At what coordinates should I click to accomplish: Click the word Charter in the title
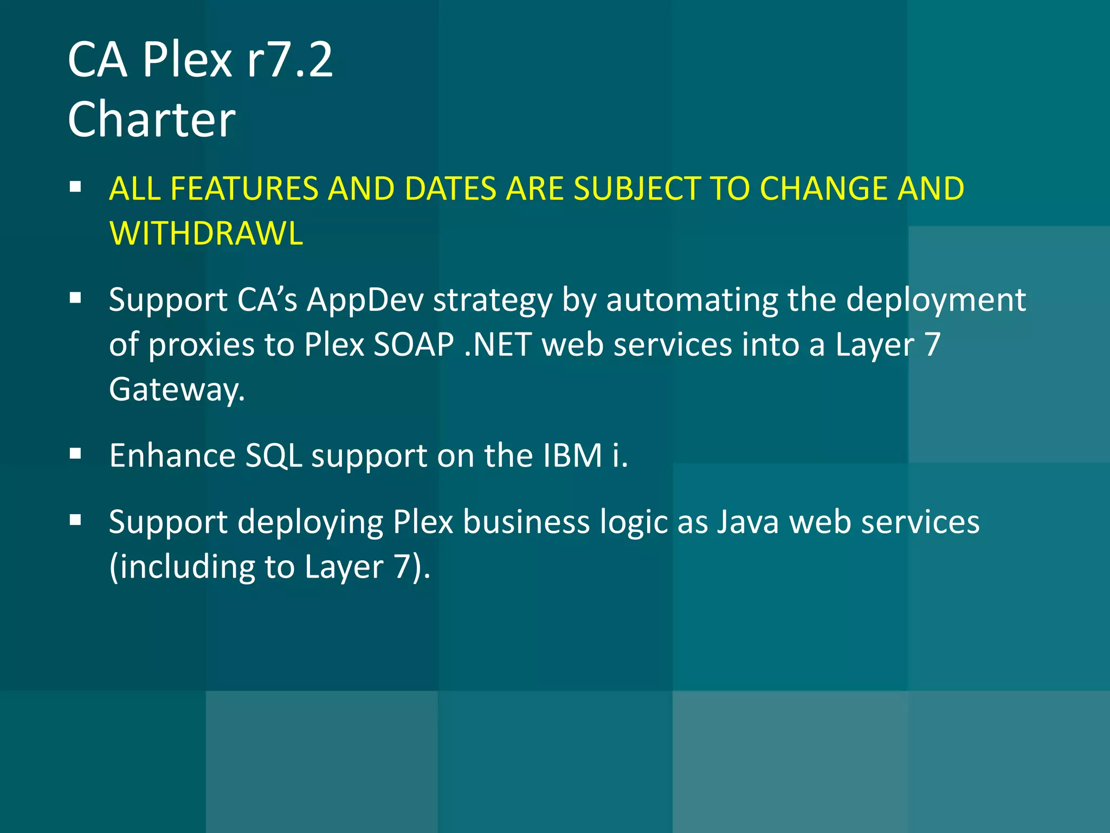coord(151,119)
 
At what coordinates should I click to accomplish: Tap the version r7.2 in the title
coord(289,60)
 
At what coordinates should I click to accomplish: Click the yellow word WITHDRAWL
coord(206,233)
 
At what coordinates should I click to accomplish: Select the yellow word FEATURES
coord(243,189)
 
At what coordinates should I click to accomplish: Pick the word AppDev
coord(365,300)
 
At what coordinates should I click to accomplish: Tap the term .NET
coord(498,344)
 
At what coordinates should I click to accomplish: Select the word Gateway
coord(177,389)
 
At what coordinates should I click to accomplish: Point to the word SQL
coord(274,455)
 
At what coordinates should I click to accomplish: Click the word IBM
coord(573,455)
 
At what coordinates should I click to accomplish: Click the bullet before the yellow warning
coord(75,188)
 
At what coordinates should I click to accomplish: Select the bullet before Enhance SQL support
coord(75,454)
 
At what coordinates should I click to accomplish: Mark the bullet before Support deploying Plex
coord(75,521)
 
